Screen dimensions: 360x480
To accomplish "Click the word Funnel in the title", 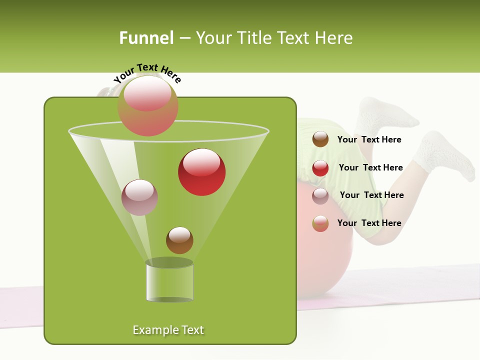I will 146,38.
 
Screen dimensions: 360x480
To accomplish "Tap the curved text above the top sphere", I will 147,72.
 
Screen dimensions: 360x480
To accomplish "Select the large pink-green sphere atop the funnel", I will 148,105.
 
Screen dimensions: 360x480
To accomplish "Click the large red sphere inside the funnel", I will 202,172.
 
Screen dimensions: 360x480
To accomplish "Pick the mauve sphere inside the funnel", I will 140,197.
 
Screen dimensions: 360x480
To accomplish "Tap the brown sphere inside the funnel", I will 179,240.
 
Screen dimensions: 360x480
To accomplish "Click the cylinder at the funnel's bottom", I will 169,281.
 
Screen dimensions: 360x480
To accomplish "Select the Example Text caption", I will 168,330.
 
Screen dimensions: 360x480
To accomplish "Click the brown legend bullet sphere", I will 320,139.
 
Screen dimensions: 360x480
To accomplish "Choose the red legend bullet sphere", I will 320,168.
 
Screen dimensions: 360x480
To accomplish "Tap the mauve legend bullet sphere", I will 320,195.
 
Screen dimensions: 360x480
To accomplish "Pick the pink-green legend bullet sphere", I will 320,223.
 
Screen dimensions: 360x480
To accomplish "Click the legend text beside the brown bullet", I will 369,140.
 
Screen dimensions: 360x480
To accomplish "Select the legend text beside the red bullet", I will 370,168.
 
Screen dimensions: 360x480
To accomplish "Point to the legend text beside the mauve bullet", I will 371,195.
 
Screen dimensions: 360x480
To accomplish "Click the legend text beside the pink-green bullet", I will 369,223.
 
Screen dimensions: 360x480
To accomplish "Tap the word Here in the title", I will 334,38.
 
